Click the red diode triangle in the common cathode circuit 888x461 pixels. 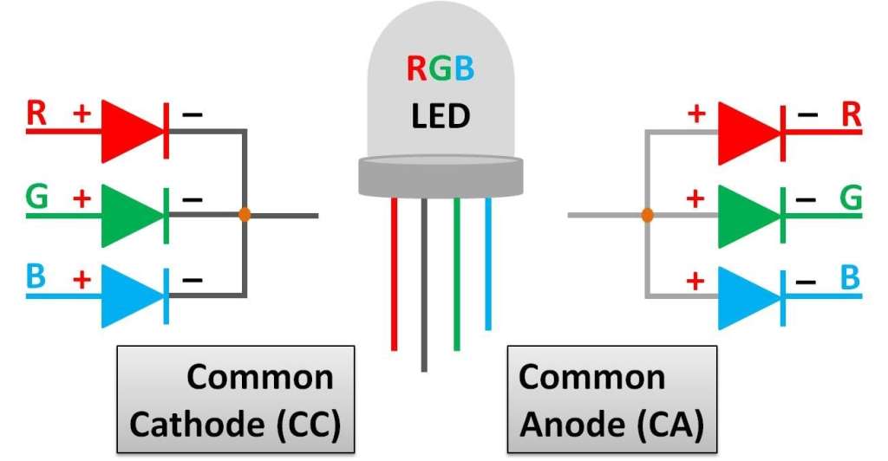pyautogui.click(x=130, y=131)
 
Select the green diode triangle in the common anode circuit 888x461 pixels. pyautogui.click(x=748, y=214)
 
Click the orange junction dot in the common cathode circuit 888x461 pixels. pyautogui.click(x=245, y=213)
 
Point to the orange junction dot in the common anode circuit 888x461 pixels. pyautogui.click(x=646, y=215)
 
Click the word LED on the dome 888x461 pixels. pyautogui.click(x=440, y=114)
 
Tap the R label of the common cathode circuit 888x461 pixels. pyautogui.click(x=37, y=114)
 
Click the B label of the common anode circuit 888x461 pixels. pyautogui.click(x=851, y=278)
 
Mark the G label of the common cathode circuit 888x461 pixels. pyautogui.click(x=37, y=198)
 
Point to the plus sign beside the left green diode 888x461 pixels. pyautogui.click(x=81, y=198)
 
